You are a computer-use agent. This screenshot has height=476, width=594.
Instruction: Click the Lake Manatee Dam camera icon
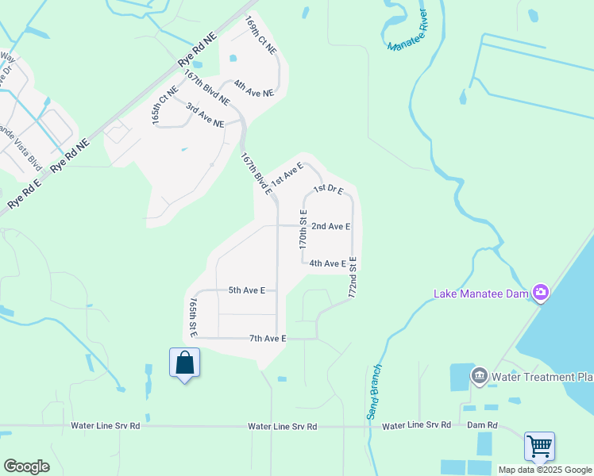click(x=541, y=293)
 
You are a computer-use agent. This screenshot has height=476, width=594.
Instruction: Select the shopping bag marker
click(x=184, y=363)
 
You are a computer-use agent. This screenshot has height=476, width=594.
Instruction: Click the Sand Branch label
click(x=374, y=392)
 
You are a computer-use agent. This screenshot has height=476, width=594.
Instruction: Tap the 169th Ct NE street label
click(x=260, y=35)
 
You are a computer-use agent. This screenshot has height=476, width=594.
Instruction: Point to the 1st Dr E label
click(x=327, y=190)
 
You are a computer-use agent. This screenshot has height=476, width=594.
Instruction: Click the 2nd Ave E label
click(x=331, y=227)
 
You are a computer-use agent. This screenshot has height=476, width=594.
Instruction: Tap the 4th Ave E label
click(x=327, y=263)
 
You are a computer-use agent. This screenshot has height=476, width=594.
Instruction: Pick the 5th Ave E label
click(x=247, y=290)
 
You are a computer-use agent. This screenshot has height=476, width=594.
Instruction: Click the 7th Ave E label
click(x=268, y=339)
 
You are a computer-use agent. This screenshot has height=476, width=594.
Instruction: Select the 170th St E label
click(x=303, y=230)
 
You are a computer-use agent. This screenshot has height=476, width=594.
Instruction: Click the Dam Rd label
click(x=483, y=426)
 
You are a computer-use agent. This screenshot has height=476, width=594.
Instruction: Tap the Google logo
click(x=26, y=466)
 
